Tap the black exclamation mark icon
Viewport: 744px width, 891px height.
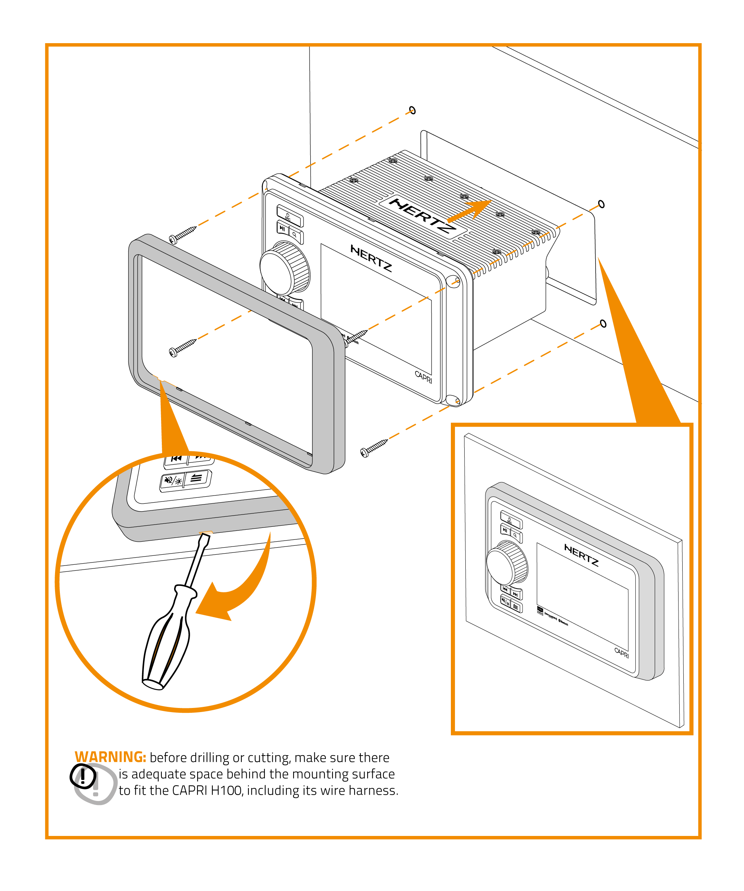click(83, 776)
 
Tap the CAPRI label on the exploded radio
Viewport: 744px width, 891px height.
click(423, 376)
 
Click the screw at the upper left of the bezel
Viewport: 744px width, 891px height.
click(182, 235)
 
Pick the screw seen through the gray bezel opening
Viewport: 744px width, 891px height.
click(182, 347)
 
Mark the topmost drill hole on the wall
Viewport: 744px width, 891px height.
click(412, 110)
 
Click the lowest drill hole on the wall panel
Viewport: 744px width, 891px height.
click(603, 324)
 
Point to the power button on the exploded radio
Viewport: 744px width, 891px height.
click(289, 215)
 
